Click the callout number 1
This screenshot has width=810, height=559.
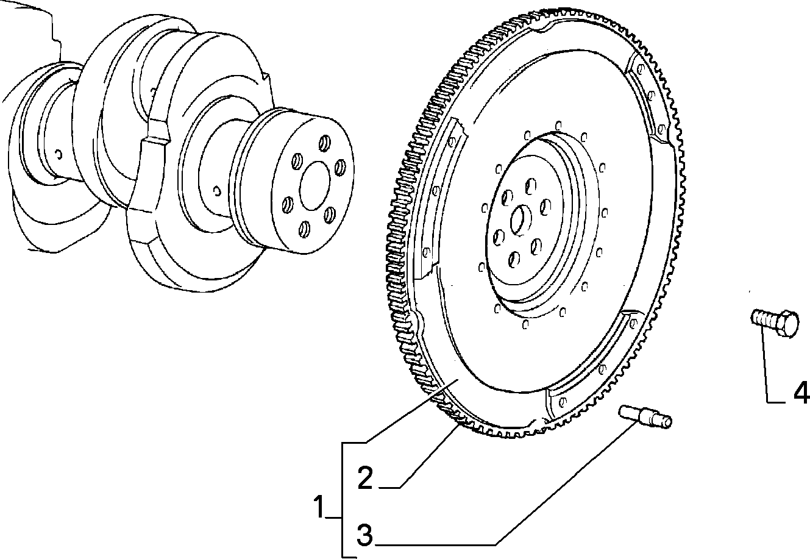[319, 507]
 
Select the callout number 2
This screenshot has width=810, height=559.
[365, 478]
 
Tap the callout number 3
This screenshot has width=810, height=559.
[364, 535]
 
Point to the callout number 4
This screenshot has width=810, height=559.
[801, 392]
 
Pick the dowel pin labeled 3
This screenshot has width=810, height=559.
[645, 417]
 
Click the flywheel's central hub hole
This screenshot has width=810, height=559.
[520, 220]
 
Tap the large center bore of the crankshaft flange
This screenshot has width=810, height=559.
[314, 185]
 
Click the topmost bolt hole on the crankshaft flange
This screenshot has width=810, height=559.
[324, 143]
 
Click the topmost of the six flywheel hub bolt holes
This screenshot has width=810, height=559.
[530, 186]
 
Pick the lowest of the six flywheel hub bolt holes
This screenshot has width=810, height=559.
[514, 259]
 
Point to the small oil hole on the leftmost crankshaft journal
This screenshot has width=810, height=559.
[59, 154]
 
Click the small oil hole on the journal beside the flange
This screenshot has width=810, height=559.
[217, 191]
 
